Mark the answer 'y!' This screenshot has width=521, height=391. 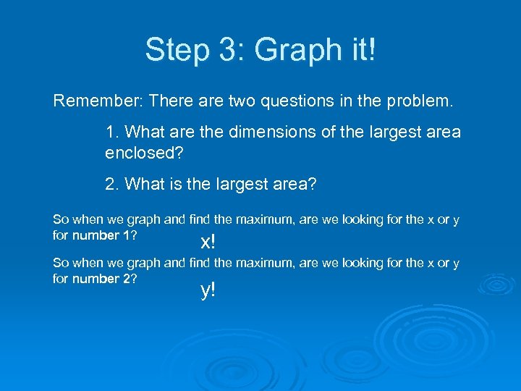click(208, 290)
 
